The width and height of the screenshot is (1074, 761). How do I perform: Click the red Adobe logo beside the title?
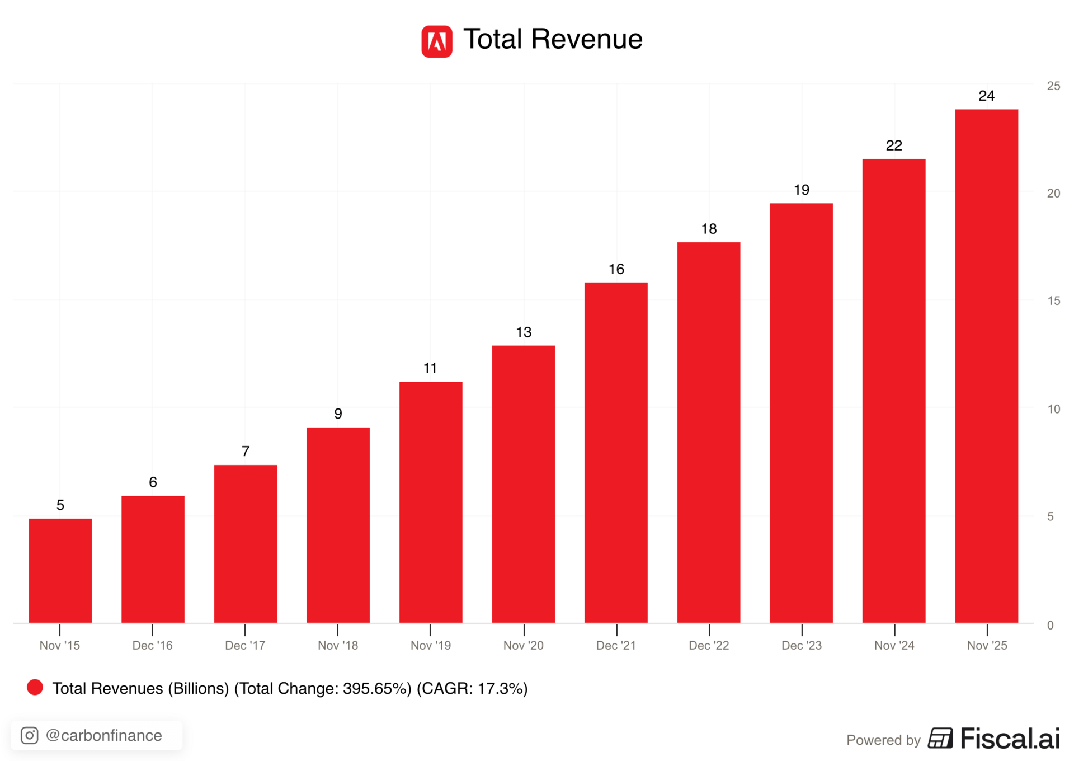(x=436, y=41)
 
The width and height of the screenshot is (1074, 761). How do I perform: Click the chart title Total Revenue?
(x=553, y=40)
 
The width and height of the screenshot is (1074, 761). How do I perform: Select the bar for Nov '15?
(x=60, y=570)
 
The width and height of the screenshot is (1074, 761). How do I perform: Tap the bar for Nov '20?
(x=523, y=484)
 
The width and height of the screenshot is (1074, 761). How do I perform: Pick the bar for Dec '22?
(x=708, y=432)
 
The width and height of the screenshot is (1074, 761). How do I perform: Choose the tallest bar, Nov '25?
(x=986, y=366)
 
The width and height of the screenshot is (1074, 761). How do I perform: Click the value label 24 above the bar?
(x=986, y=96)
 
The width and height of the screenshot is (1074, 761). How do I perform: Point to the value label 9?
(x=338, y=414)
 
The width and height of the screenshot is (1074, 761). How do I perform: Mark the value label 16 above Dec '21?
(x=616, y=269)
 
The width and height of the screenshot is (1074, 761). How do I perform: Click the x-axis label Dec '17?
(x=245, y=645)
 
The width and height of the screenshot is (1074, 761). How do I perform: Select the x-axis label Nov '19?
(x=430, y=645)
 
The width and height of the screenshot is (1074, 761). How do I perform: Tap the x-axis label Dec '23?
(x=801, y=645)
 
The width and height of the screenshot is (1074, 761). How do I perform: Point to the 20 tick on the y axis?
(x=1053, y=193)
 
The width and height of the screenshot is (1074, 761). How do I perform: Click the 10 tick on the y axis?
(x=1053, y=409)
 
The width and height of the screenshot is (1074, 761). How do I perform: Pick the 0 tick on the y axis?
(x=1050, y=625)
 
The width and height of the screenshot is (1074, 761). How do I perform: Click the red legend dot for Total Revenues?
(x=35, y=688)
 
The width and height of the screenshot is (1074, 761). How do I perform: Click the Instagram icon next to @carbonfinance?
(x=30, y=735)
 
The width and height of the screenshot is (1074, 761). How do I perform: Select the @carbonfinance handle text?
(x=104, y=735)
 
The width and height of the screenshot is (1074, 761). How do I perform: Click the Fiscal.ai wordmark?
(x=1010, y=739)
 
